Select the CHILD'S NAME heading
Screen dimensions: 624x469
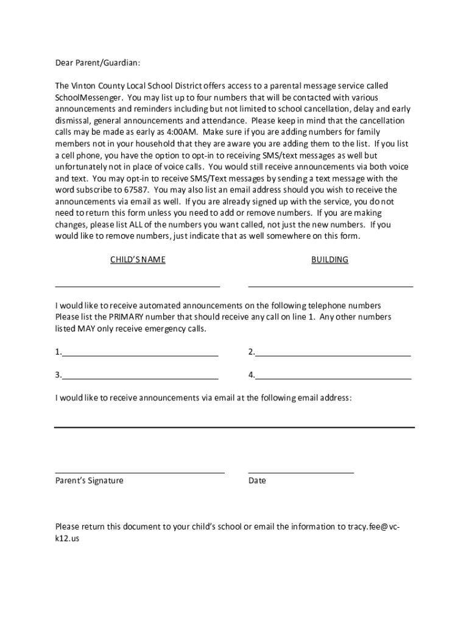[x=138, y=260]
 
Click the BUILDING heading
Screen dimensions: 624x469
[x=330, y=260]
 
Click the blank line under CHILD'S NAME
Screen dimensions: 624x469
[x=138, y=285]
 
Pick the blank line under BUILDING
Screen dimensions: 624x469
[x=330, y=285]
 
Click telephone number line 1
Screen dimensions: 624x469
[x=139, y=354]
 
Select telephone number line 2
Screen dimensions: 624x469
[x=333, y=354]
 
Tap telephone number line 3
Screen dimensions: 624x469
[x=139, y=378]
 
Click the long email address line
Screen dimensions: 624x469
[x=234, y=427]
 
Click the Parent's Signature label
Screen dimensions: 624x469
[x=89, y=481]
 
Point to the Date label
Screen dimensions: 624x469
[x=257, y=481]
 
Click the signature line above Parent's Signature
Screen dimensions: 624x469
[x=139, y=472]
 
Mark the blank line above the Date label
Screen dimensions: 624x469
[x=301, y=472]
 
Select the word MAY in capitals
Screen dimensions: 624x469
[x=86, y=329]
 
